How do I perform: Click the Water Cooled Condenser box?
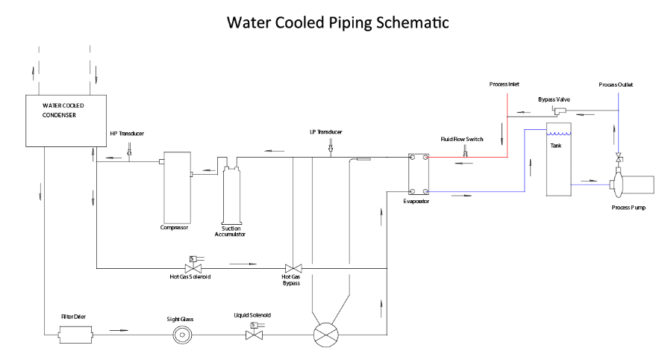[60, 120]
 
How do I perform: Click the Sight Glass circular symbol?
[181, 335]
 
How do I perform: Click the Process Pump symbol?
[630, 184]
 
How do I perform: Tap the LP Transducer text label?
[328, 133]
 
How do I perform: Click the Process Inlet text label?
[505, 84]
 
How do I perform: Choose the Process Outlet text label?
[616, 84]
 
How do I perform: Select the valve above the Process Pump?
[618, 158]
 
